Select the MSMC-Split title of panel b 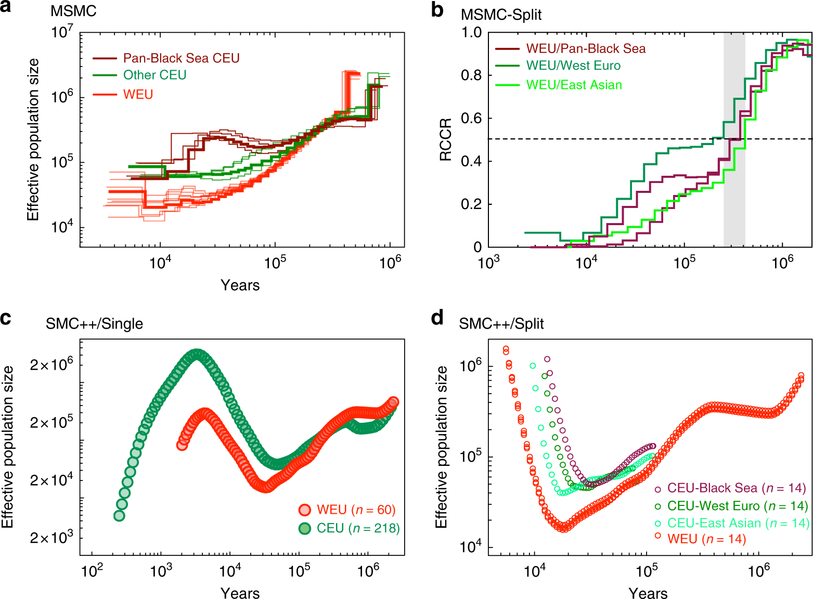(x=501, y=15)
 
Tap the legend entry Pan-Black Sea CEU (x=181, y=58)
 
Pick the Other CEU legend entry (x=154, y=75)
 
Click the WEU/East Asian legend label (x=574, y=85)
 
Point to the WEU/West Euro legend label (x=573, y=66)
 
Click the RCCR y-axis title (x=446, y=140)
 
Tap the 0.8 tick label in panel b (x=471, y=76)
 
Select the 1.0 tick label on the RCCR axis (x=471, y=33)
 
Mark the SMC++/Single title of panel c (x=94, y=324)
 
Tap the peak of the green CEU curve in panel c (x=197, y=354)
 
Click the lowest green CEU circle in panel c (x=119, y=516)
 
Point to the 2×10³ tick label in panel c (x=51, y=538)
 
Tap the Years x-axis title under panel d (x=648, y=593)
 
